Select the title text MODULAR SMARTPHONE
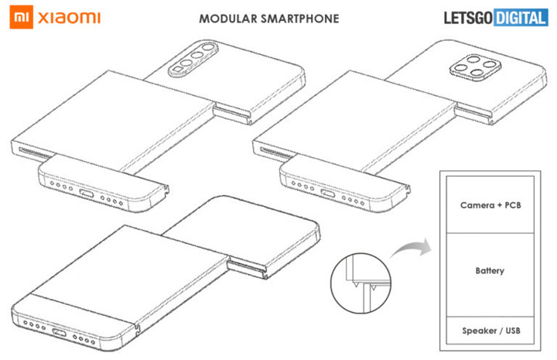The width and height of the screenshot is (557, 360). point(268,18)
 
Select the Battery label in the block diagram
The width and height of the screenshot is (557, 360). point(490,271)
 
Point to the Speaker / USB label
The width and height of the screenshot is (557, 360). point(490,331)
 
